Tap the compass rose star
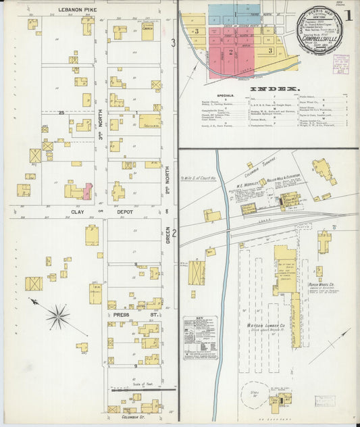pyautogui.click(x=58, y=316)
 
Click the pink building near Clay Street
pyautogui.click(x=88, y=191)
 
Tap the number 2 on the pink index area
pyautogui.click(x=231, y=51)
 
